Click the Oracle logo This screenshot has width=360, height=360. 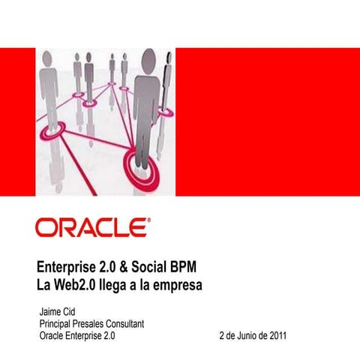pyautogui.click(x=92, y=227)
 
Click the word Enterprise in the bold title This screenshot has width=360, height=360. pyautogui.click(x=67, y=268)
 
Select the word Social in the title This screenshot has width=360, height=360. pyautogui.click(x=157, y=268)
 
